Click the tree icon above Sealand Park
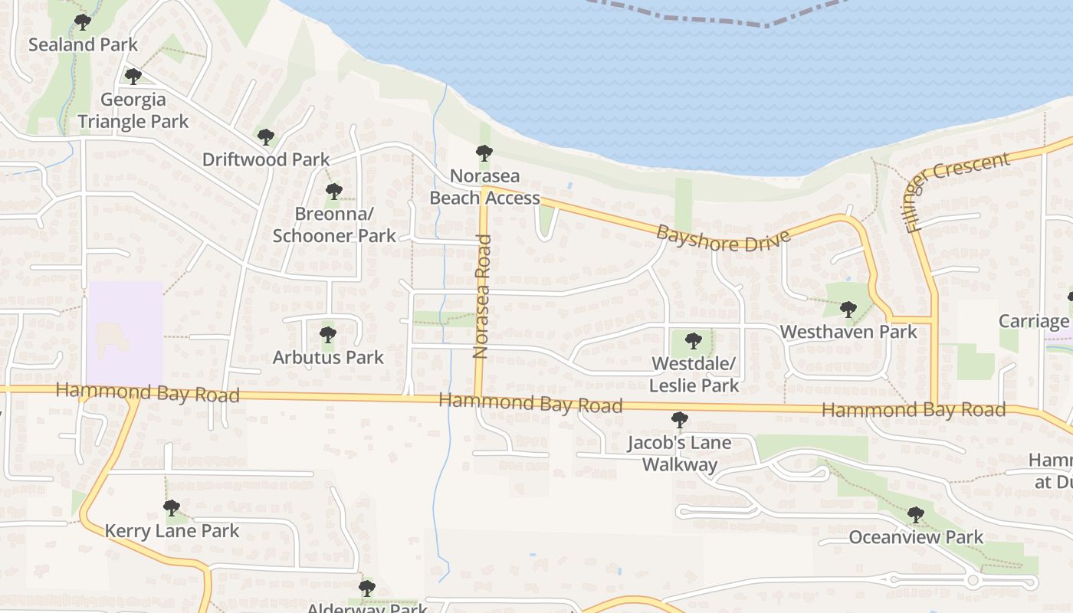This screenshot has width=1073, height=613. click(x=82, y=22)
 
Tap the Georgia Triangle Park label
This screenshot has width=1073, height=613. click(x=133, y=110)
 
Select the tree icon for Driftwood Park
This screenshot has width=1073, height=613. click(x=265, y=137)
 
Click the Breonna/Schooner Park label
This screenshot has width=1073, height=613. click(x=334, y=225)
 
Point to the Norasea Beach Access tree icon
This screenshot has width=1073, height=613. click(x=484, y=153)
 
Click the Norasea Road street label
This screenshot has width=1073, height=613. click(x=482, y=297)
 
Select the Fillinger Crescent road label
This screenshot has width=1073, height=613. click(x=956, y=191)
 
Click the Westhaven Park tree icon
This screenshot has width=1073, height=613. click(x=848, y=310)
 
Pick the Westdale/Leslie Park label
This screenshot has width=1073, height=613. click(x=694, y=374)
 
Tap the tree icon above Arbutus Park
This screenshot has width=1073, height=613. click(x=327, y=335)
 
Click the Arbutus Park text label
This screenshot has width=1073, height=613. click(x=328, y=357)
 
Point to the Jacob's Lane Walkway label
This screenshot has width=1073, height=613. click(x=679, y=454)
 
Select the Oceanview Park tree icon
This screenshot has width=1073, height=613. click(x=915, y=515)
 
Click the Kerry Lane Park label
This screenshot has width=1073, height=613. click(x=172, y=531)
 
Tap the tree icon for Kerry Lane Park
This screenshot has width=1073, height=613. click(x=171, y=508)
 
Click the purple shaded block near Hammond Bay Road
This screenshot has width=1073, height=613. click(x=125, y=333)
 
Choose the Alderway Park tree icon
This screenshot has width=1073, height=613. click(x=366, y=588)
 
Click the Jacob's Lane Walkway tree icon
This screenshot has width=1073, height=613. click(x=679, y=420)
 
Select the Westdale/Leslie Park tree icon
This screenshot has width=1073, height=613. click(x=693, y=340)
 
